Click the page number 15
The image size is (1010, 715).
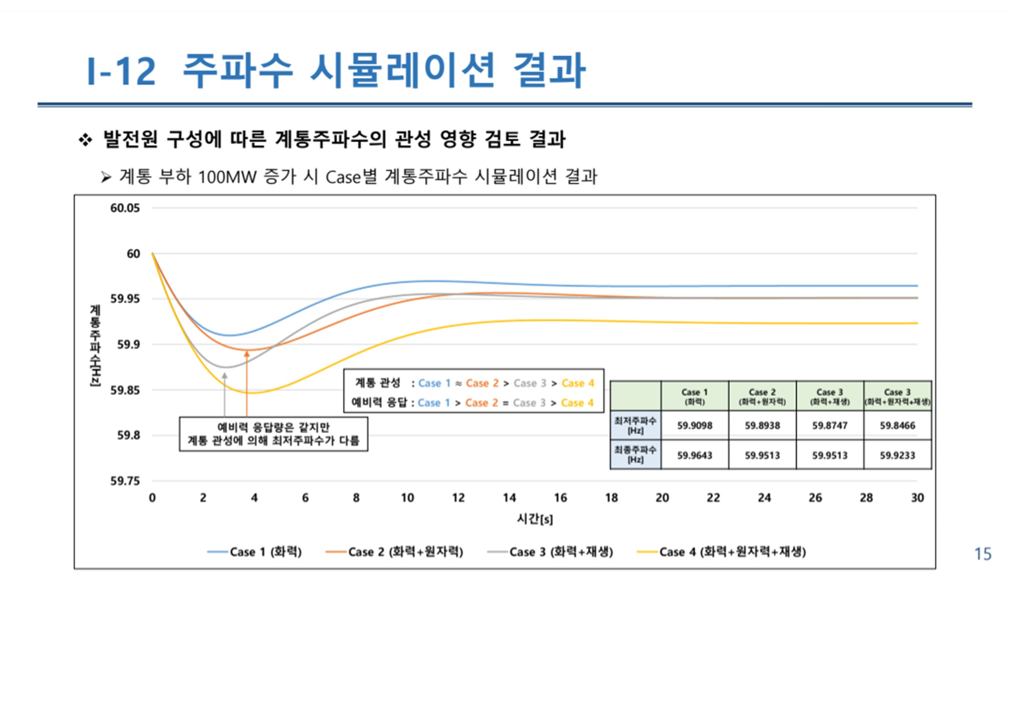click(x=983, y=554)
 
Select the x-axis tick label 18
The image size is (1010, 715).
click(x=611, y=498)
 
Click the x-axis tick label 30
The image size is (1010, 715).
click(x=917, y=498)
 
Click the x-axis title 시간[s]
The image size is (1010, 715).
click(x=535, y=519)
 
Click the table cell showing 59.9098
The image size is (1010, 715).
click(x=694, y=425)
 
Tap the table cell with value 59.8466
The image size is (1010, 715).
click(x=897, y=425)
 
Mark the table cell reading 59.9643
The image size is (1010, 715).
click(x=694, y=455)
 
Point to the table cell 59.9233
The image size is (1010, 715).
click(x=897, y=455)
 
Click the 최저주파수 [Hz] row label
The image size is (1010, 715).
click(x=635, y=425)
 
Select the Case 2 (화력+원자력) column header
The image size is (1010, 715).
click(x=762, y=396)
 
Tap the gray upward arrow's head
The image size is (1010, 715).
click(x=224, y=376)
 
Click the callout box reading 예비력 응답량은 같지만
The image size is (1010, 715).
click(x=273, y=434)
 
